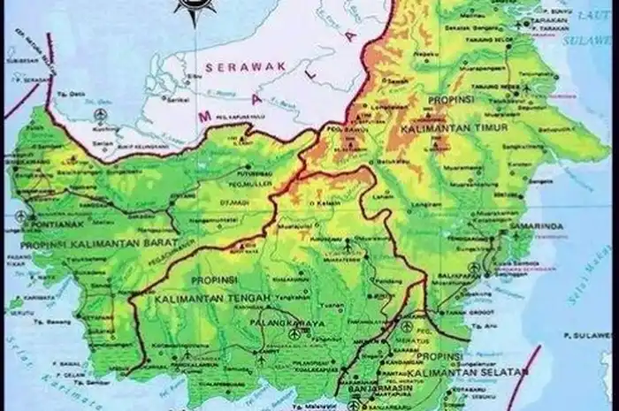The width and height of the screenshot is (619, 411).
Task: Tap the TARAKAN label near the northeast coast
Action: point(551,27)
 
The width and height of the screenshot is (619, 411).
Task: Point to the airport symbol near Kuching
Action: point(99,115)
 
